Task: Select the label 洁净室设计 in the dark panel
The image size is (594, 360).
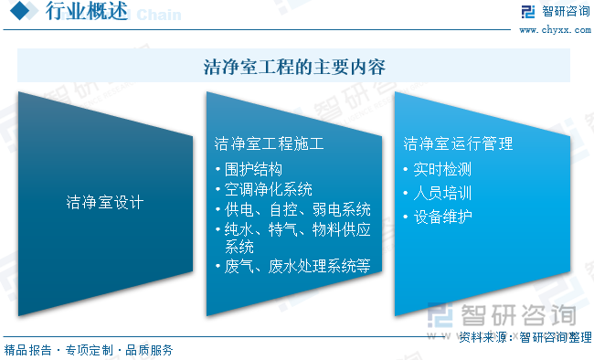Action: coord(105,201)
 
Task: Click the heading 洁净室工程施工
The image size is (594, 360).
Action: coord(269,143)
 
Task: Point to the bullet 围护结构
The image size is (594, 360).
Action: coord(253,169)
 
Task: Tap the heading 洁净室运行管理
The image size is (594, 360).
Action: coord(459,143)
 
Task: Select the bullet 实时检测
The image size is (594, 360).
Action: coord(442,169)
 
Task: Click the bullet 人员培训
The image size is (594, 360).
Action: coord(442,193)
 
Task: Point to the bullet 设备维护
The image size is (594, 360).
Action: coord(442,217)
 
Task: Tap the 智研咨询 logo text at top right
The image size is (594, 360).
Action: coord(566,12)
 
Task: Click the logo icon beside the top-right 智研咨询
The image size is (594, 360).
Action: coord(527,12)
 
